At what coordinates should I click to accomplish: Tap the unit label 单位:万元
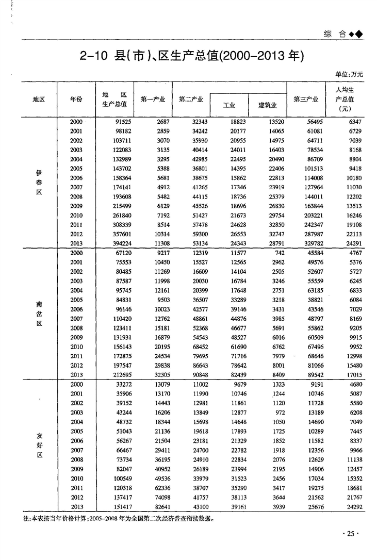349,75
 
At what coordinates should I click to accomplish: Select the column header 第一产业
153,99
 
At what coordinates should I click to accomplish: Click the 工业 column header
229,105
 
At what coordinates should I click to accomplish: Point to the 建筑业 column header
267,105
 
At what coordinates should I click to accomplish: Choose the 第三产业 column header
306,99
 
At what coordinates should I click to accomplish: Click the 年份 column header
76,99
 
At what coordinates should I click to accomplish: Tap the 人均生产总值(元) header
345,99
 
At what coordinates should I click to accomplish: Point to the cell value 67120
120,253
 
